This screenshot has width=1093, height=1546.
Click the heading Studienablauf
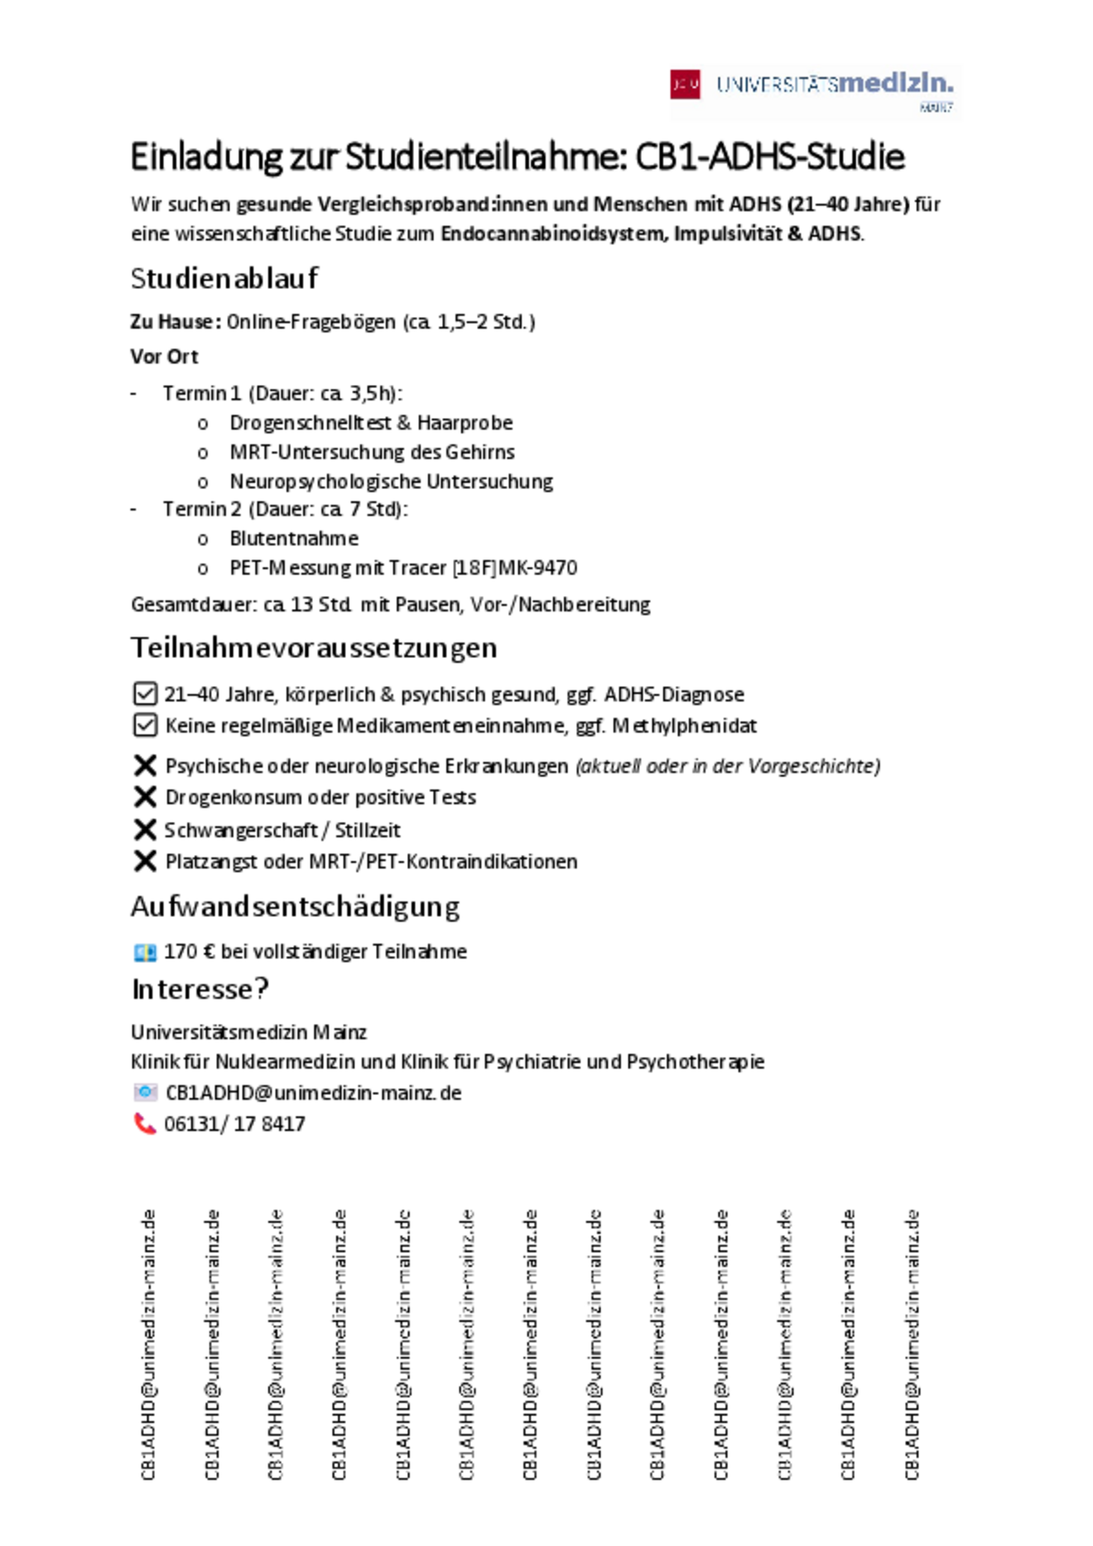pyautogui.click(x=224, y=279)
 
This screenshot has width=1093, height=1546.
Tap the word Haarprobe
pyautogui.click(x=465, y=423)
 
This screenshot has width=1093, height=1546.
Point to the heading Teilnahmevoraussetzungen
pyautogui.click(x=314, y=647)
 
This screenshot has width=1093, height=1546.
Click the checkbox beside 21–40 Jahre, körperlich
pyautogui.click(x=145, y=694)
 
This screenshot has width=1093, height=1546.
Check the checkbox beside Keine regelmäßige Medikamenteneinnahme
pyautogui.click(x=145, y=726)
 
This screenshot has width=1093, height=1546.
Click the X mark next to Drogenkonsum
pyautogui.click(x=145, y=797)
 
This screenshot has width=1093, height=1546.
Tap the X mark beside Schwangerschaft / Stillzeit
pyautogui.click(x=145, y=829)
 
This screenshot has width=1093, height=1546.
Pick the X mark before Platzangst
pyautogui.click(x=145, y=862)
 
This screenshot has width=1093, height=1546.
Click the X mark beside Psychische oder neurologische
pyautogui.click(x=145, y=766)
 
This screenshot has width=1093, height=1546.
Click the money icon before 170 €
pyautogui.click(x=145, y=953)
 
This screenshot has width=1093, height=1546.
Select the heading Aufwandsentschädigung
pyautogui.click(x=295, y=907)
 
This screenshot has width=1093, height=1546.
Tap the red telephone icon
pyautogui.click(x=145, y=1124)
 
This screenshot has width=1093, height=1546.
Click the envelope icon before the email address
pyautogui.click(x=145, y=1092)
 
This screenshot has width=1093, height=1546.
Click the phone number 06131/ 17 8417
pyautogui.click(x=235, y=1124)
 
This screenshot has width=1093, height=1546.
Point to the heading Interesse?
pyautogui.click(x=200, y=989)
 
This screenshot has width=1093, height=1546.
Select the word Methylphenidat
pyautogui.click(x=684, y=726)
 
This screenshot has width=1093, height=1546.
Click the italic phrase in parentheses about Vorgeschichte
pyautogui.click(x=728, y=766)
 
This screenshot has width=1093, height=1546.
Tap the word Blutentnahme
pyautogui.click(x=294, y=539)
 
